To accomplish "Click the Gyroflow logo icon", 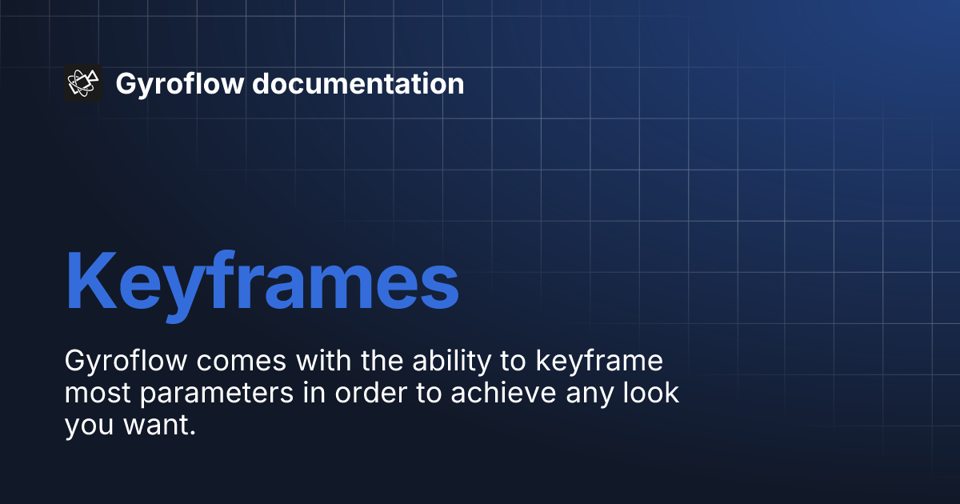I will [x=82, y=83].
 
